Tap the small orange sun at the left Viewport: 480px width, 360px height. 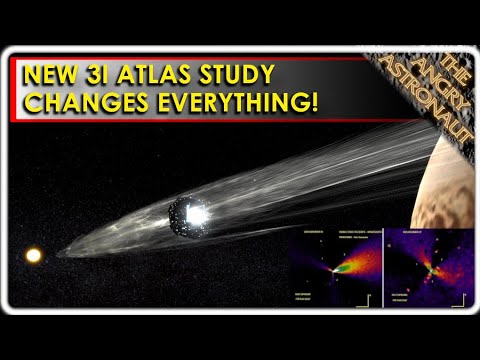point(34,255)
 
